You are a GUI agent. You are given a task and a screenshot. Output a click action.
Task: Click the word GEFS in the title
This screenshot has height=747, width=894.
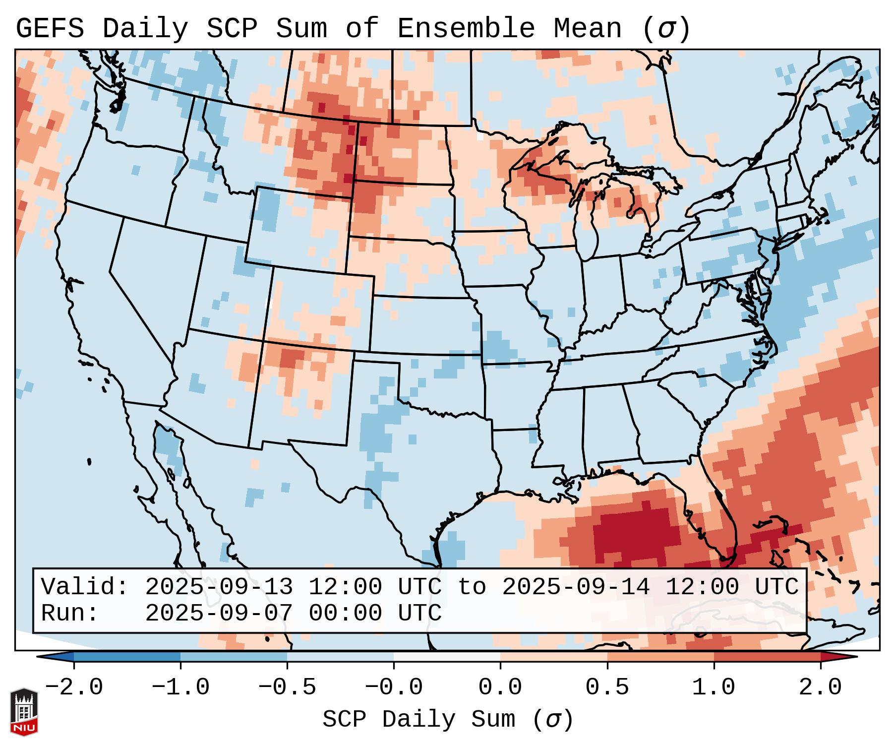point(50,29)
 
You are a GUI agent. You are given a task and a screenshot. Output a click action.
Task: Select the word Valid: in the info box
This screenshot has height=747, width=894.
point(85,587)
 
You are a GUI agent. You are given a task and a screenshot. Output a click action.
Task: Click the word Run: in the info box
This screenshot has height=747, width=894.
point(70,614)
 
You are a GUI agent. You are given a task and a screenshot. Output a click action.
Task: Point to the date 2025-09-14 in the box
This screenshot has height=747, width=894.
point(576,587)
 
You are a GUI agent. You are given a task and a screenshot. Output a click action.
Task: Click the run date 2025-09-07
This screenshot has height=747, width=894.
point(219,614)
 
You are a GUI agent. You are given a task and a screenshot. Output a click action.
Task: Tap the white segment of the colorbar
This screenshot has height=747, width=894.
point(447,657)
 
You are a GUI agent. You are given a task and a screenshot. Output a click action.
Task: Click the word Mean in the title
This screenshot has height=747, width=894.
point(587,29)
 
